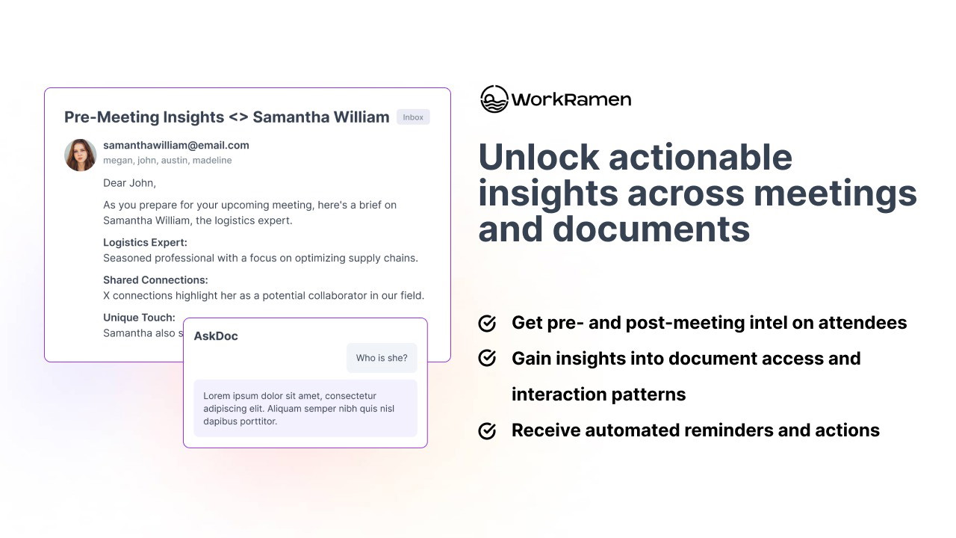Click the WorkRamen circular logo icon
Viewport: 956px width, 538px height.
[x=494, y=99]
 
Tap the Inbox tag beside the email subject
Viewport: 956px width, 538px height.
[x=413, y=117]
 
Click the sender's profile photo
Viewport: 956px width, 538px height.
[x=80, y=155]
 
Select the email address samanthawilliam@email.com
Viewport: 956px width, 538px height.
[x=176, y=145]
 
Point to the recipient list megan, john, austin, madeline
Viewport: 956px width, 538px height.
[x=167, y=161]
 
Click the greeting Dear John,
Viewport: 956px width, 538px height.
[x=130, y=183]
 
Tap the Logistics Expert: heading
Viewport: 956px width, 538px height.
[x=145, y=243]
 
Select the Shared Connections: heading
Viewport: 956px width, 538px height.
[x=155, y=280]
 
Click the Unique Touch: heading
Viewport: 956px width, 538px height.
[x=139, y=318]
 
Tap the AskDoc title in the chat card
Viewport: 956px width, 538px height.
[x=216, y=336]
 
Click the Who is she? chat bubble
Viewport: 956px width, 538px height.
[x=382, y=358]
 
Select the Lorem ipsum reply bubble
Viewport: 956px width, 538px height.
[x=305, y=408]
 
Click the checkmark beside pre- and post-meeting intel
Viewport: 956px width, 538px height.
[x=487, y=324]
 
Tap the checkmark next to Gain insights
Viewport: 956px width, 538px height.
[x=487, y=358]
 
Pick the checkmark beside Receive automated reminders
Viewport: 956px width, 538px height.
[x=487, y=431]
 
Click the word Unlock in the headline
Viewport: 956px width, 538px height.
[x=538, y=157]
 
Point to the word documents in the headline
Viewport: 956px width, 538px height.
[x=651, y=229]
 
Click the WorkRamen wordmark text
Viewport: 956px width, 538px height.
[x=571, y=99]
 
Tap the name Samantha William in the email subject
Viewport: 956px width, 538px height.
[x=321, y=117]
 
